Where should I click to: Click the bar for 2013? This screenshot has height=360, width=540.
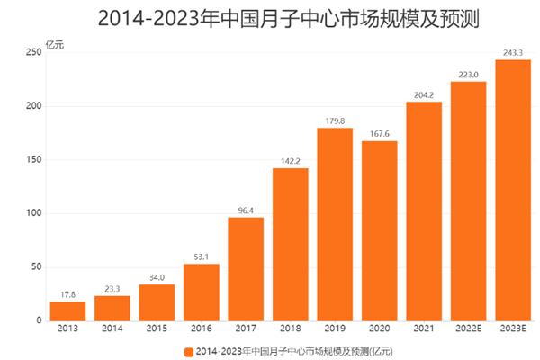pos(67,310)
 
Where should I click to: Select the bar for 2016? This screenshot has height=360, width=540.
pos(202,292)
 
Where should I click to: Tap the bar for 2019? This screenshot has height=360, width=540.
pos(335,224)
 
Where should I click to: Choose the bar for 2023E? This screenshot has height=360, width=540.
pos(513,190)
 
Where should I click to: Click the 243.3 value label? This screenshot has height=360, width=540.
pos(513,52)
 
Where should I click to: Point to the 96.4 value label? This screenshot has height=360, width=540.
pos(246,210)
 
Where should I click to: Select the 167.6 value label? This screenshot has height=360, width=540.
pos(379,133)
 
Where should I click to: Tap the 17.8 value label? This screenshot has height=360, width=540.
pos(67,294)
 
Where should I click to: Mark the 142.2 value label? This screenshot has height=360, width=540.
pos(291,161)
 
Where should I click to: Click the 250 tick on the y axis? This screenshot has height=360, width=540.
pos(33,53)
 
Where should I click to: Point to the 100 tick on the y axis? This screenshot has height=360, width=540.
pos(33,213)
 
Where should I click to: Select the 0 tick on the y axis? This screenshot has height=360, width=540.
pos(39,320)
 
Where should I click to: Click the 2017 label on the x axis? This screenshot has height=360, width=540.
pos(246,330)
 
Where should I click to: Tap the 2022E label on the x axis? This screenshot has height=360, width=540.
pos(468,330)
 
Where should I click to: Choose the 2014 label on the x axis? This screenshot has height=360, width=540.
pos(112,330)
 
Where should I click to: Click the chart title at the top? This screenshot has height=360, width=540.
pos(270,15)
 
